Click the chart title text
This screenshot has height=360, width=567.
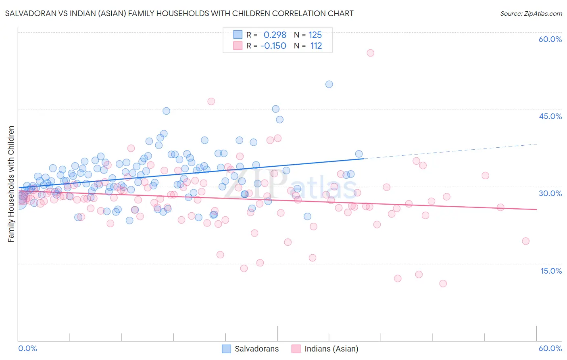pos(179,13)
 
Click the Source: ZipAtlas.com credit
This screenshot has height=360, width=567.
pos(531,13)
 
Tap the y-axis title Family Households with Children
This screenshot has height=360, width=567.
pos(11,184)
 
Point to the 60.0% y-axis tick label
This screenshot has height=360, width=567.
pos(550,39)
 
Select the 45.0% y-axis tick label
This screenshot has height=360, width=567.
pos(550,116)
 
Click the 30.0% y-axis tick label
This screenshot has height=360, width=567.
pos(550,193)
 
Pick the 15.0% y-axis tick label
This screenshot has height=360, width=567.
pos(551,271)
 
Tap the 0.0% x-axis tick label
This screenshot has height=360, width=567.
pos(28,348)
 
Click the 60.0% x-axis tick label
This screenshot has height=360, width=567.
pos(550,348)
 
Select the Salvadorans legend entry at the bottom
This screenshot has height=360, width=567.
pos(251,349)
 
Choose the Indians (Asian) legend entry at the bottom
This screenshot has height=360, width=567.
pos(325,349)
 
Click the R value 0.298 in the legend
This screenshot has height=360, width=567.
pos(275,35)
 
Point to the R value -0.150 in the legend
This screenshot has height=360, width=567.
pos(273,46)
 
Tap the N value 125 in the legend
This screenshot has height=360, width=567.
pos(315,35)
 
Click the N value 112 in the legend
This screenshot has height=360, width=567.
pos(316,46)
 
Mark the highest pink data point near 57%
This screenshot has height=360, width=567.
pos(370,53)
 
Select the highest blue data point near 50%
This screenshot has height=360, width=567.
pos(329,84)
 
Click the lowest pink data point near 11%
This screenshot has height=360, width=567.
pos(443,283)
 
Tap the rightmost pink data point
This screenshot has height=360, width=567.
pos(525,241)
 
